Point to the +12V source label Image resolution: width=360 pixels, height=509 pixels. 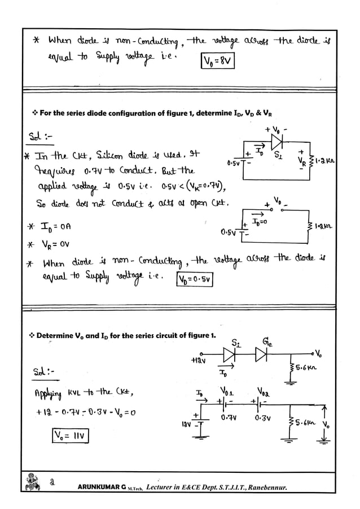pos(199,360)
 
